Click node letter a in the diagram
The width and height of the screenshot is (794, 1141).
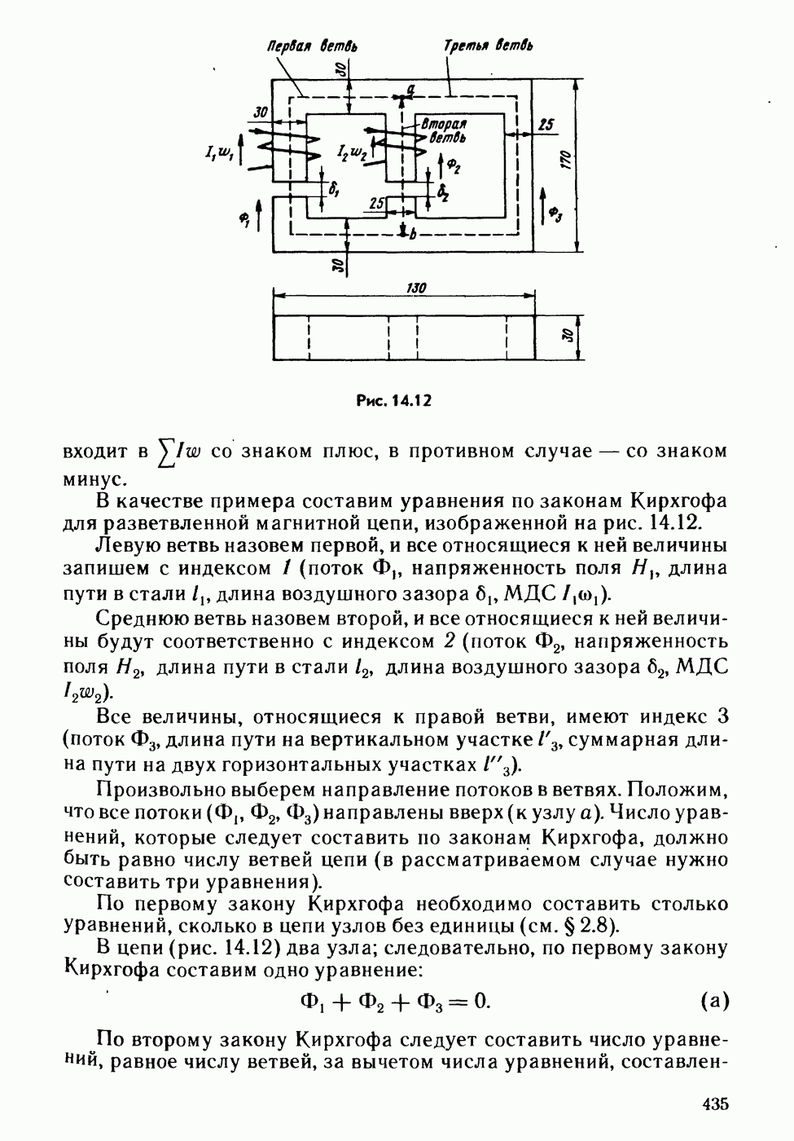coord(411,88)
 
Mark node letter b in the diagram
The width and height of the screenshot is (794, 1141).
coord(413,235)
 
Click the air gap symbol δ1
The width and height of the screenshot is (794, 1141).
coord(333,187)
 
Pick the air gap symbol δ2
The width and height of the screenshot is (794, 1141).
coord(442,193)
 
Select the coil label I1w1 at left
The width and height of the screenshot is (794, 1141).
coord(222,152)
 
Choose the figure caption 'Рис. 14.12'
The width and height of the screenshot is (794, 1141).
coord(393,400)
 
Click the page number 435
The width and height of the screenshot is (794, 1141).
coord(713,1104)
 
